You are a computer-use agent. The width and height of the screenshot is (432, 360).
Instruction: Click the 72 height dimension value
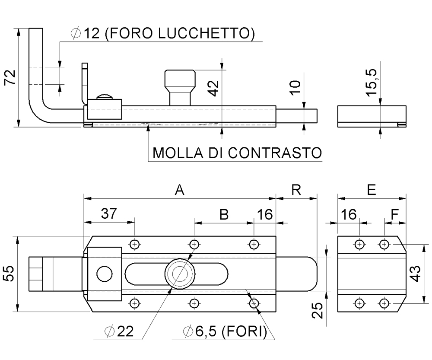click(x=10, y=78)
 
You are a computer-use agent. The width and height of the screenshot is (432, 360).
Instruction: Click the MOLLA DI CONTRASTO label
click(x=237, y=153)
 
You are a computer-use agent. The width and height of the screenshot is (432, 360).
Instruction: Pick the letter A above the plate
click(x=179, y=190)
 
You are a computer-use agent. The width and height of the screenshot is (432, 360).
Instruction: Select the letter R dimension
click(x=296, y=190)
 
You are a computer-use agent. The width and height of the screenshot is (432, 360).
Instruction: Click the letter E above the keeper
click(x=371, y=190)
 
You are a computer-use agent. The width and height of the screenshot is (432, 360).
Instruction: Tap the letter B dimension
click(x=224, y=214)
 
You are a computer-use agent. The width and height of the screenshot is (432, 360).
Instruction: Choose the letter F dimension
click(x=394, y=214)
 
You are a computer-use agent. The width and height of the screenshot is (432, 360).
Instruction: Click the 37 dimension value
click(x=109, y=214)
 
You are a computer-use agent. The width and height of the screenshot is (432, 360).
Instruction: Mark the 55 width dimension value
click(x=10, y=274)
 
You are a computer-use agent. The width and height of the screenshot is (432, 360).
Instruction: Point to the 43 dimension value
click(x=416, y=274)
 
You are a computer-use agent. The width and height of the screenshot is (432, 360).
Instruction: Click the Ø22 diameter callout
click(x=119, y=332)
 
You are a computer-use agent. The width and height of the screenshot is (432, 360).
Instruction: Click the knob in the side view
click(x=179, y=87)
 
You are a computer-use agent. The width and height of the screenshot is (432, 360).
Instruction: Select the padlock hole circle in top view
click(x=104, y=274)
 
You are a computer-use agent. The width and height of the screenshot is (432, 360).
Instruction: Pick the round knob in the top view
click(x=179, y=274)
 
